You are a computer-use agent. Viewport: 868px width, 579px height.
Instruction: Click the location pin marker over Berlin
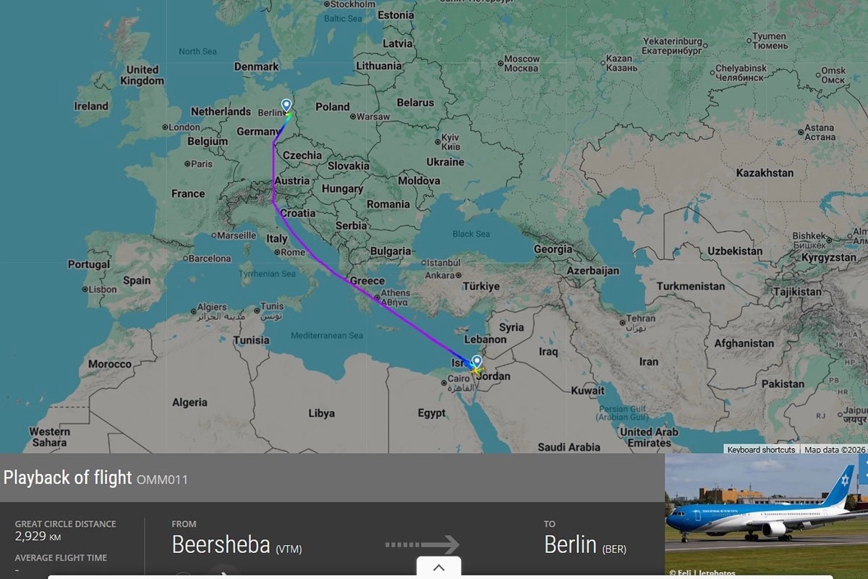[x=286, y=106]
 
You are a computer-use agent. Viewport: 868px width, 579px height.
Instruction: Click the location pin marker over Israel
[x=476, y=361]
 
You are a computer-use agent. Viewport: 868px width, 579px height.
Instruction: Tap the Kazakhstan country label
[x=765, y=173]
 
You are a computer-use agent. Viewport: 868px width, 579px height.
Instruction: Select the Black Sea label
[x=471, y=234]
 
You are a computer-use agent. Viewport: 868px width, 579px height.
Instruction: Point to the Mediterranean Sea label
[x=326, y=336]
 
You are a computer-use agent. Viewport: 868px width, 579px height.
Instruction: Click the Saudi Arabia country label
[x=569, y=447]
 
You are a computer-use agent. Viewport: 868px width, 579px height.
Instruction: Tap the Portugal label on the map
[x=89, y=264]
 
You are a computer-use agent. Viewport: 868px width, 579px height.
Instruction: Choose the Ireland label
[x=91, y=106]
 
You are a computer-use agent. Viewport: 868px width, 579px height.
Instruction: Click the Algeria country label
[x=190, y=402]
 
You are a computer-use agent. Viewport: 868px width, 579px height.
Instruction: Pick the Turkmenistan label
[x=691, y=286]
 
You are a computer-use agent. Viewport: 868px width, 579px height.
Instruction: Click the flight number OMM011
[x=162, y=479]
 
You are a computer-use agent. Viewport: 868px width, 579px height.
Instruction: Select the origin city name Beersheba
[x=221, y=544]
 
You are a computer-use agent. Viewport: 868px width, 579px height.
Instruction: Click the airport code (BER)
[x=614, y=549]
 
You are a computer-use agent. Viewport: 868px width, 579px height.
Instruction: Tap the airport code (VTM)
[x=289, y=549]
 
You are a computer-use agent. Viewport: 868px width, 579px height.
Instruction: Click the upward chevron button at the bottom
[x=438, y=567]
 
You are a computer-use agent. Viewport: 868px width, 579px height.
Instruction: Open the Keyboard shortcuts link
[x=761, y=450]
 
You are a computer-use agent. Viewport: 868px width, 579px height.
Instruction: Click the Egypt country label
[x=432, y=413]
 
